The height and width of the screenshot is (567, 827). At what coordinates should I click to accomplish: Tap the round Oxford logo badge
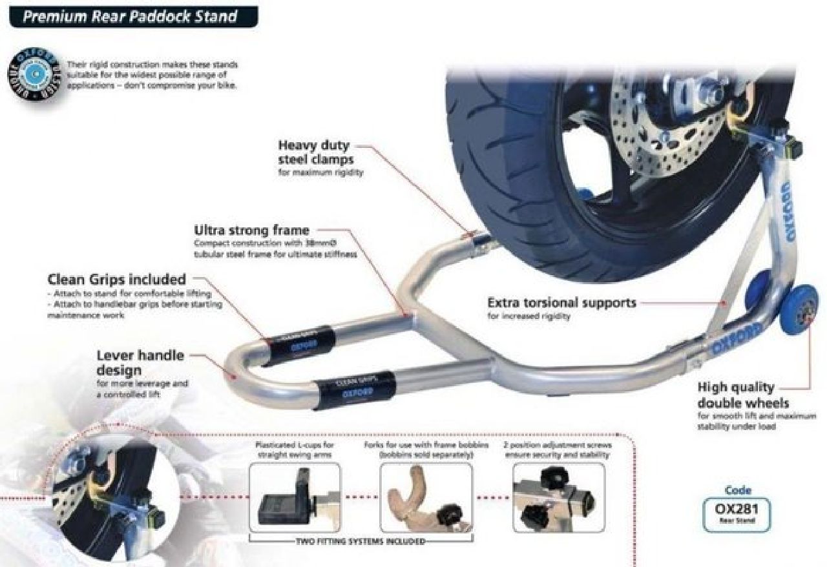click(36, 74)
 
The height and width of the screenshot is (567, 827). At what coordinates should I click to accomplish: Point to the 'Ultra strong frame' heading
click(251, 230)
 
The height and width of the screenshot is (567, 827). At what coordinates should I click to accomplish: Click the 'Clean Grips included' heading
click(117, 280)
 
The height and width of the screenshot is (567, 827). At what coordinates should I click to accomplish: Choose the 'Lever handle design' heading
click(140, 362)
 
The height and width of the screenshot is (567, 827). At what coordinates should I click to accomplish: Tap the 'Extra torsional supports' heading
click(561, 302)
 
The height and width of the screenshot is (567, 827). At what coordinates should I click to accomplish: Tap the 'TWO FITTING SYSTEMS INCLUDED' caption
click(360, 541)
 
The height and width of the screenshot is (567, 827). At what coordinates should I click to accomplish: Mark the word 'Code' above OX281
click(737, 490)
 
